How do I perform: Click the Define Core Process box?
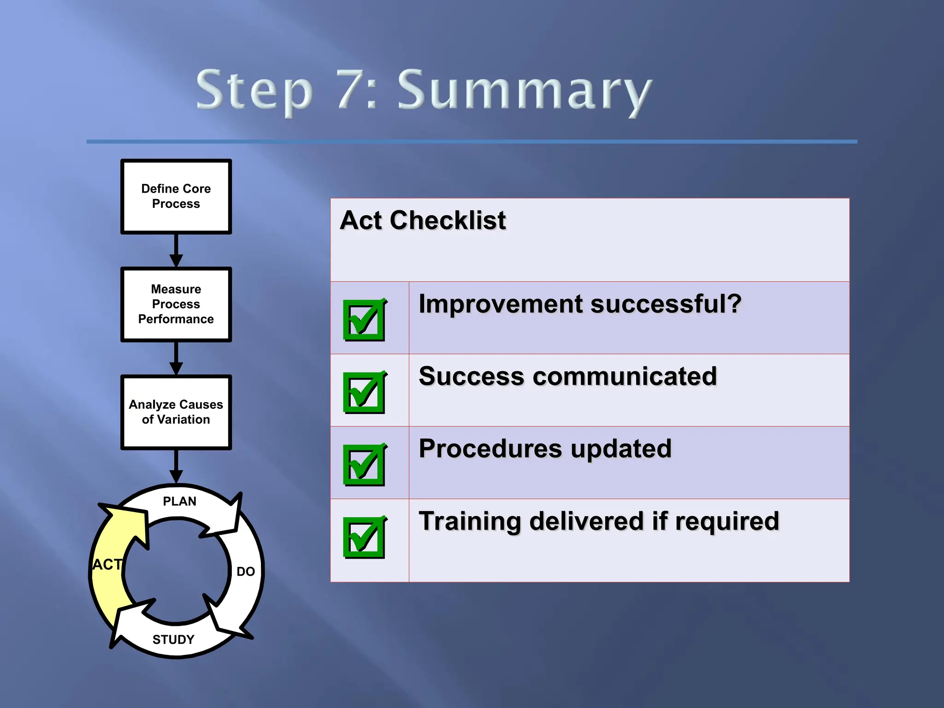pyautogui.click(x=176, y=197)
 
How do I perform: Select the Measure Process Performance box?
pyautogui.click(x=176, y=304)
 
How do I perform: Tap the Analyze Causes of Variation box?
pyautogui.click(x=176, y=412)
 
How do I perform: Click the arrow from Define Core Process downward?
pyautogui.click(x=176, y=250)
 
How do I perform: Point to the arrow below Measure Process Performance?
pyautogui.click(x=176, y=358)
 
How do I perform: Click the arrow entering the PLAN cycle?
pyautogui.click(x=176, y=466)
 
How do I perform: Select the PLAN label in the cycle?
pyautogui.click(x=180, y=501)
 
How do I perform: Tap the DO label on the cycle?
pyautogui.click(x=246, y=572)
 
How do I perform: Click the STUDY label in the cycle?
pyautogui.click(x=173, y=639)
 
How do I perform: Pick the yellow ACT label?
pyautogui.click(x=107, y=565)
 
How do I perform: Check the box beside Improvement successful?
pyautogui.click(x=364, y=320)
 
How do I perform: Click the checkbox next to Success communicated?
pyautogui.click(x=364, y=392)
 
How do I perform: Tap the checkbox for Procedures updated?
pyautogui.click(x=364, y=465)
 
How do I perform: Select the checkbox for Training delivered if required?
pyautogui.click(x=364, y=537)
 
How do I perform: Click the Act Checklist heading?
pyautogui.click(x=423, y=220)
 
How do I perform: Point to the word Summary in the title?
pyautogui.click(x=524, y=91)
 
